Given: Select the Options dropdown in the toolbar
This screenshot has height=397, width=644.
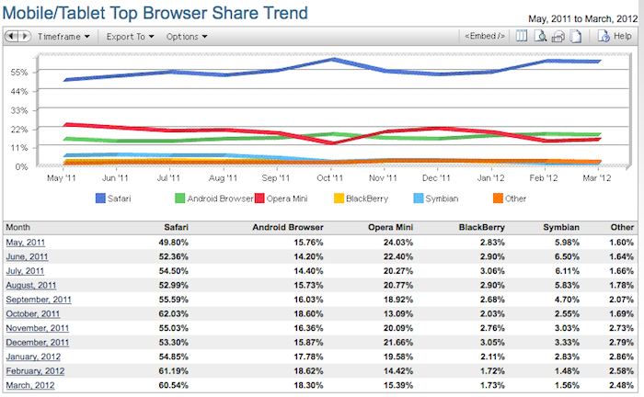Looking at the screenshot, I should pos(187,37).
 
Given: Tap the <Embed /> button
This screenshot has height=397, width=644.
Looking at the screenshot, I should pos(485,37).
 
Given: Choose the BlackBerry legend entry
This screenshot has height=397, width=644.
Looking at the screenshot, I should pos(363,198).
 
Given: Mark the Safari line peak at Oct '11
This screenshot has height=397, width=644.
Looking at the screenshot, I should pos(331,60).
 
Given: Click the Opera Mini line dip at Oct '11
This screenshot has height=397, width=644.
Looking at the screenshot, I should pos(331,143).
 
